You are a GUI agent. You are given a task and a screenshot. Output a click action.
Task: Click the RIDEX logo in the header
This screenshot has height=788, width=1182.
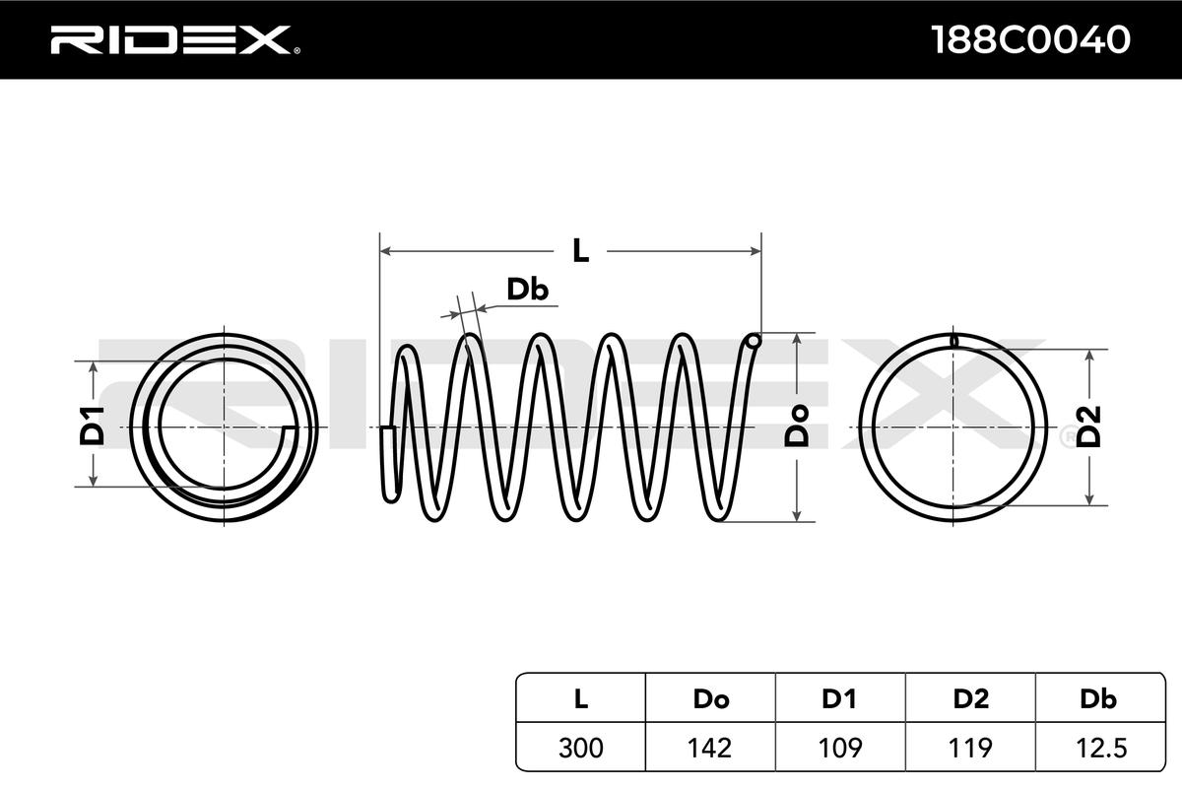tap(175, 39)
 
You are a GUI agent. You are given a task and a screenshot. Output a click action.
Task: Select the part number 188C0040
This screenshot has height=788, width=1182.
tap(1030, 39)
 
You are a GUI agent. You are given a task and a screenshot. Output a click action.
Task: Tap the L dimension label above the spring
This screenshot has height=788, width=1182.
tap(580, 251)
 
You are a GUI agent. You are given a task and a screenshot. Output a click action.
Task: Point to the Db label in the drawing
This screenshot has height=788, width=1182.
tap(527, 290)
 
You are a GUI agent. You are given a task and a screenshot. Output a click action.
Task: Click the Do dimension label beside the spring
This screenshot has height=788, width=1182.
tap(797, 426)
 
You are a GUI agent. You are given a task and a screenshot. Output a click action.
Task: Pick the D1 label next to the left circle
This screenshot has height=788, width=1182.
tap(92, 426)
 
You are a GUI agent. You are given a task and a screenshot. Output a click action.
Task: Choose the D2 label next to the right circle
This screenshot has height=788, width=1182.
tap(1088, 427)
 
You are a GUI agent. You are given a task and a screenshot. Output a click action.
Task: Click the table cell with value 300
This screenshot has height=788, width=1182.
tap(580, 748)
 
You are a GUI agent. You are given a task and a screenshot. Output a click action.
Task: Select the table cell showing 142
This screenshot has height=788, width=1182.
tap(710, 748)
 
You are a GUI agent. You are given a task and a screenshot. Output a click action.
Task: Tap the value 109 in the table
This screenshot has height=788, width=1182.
tap(840, 748)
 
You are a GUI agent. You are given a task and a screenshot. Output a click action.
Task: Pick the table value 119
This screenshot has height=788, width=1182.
tap(970, 748)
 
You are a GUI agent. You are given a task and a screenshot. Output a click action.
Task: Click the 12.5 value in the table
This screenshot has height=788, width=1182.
tap(1101, 748)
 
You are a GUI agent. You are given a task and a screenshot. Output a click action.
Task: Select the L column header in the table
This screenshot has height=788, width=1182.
tap(580, 698)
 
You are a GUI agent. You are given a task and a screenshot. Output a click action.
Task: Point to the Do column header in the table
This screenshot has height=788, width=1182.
tap(711, 698)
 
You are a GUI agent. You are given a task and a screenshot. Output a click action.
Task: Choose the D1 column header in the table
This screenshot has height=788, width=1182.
tap(839, 698)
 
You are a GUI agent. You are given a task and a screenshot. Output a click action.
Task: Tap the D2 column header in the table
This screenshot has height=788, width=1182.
tap(970, 698)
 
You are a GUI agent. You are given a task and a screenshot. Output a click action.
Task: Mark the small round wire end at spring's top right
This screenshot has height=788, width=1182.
tap(755, 341)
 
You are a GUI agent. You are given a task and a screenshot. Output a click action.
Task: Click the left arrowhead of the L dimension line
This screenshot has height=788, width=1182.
tap(385, 251)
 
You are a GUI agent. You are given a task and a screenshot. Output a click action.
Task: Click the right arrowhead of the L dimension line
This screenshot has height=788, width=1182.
tap(756, 251)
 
